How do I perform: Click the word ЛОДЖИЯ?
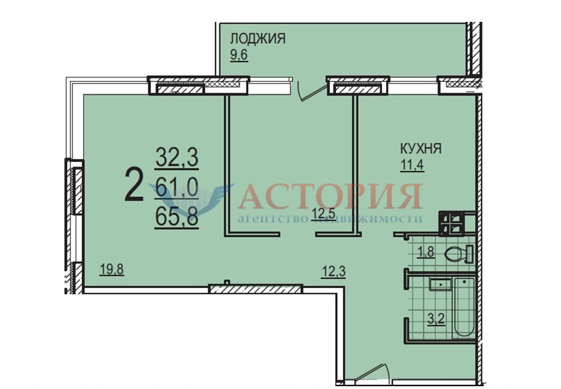tap(258, 38)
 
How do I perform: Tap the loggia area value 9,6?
tap(239, 55)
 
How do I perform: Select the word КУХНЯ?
tap(420, 148)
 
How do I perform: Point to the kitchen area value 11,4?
tap(412, 165)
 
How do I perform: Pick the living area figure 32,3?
tap(177, 158)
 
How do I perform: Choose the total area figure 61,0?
tap(177, 187)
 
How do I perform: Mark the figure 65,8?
tap(177, 216)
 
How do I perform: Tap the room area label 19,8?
tap(112, 269)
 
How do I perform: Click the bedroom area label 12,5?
tap(323, 214)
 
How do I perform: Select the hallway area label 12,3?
tap(333, 272)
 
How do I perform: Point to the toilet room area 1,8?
tap(426, 252)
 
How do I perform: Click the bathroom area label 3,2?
tap(436, 318)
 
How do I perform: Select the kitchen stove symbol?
tap(452, 223)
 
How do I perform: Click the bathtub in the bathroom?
tap(463, 308)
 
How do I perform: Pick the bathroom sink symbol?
tap(441, 284)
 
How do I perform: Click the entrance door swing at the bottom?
tap(370, 374)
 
